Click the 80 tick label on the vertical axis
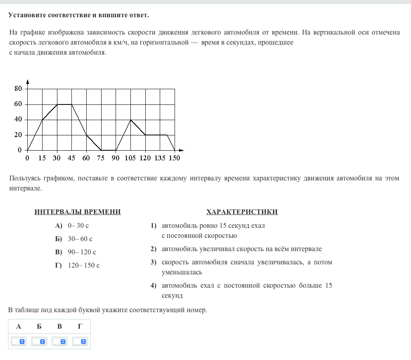tap(18, 89)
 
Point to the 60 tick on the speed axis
tap(18, 104)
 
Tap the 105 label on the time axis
tap(130, 158)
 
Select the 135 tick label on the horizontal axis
tap(160, 158)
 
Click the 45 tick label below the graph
tap(71, 158)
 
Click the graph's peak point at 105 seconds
tap(130, 120)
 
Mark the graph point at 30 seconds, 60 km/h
tap(57, 104)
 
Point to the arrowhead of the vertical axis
tap(27, 81)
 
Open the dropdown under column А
tap(18, 341)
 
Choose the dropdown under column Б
tap(39, 341)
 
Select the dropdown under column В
tap(59, 341)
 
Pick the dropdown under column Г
tap(80, 341)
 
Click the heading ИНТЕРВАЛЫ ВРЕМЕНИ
tap(77, 212)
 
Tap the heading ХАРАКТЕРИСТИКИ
tap(242, 212)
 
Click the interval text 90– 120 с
tap(82, 252)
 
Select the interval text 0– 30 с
tap(78, 226)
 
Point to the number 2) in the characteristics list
tap(153, 249)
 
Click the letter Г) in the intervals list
tap(59, 266)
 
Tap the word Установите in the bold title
tap(27, 15)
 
